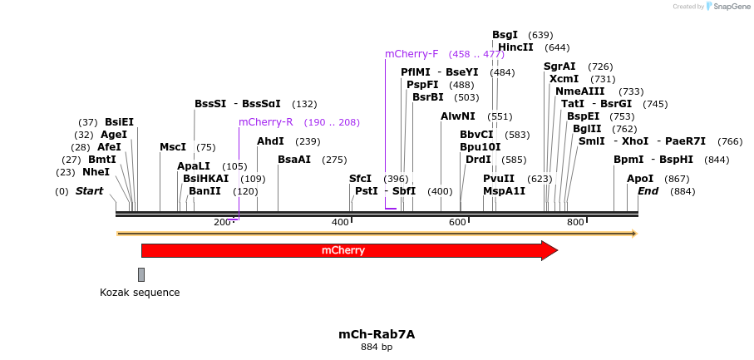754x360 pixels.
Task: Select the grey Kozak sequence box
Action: coord(141,274)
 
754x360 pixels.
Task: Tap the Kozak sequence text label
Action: coord(140,293)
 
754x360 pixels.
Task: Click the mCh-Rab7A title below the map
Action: coord(376,334)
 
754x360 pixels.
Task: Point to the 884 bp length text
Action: coord(376,347)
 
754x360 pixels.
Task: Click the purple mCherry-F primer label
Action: coord(411,54)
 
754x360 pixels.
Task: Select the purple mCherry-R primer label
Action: coord(265,122)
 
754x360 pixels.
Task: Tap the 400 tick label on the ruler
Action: coord(340,222)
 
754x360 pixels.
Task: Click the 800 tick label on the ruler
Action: coord(574,222)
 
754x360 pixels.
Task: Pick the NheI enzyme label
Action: coord(96,172)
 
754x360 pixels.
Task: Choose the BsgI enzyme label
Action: coord(505,35)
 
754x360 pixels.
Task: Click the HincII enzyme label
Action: coord(515,47)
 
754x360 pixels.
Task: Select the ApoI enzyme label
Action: coord(640,179)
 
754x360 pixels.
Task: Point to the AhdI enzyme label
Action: coord(270,141)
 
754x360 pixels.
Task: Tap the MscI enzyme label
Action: coord(173,147)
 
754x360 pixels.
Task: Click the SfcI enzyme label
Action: coord(360,179)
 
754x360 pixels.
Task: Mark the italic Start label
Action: coord(89,191)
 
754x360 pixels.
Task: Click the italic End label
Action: coord(648,191)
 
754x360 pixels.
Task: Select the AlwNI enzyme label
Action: coord(458,116)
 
